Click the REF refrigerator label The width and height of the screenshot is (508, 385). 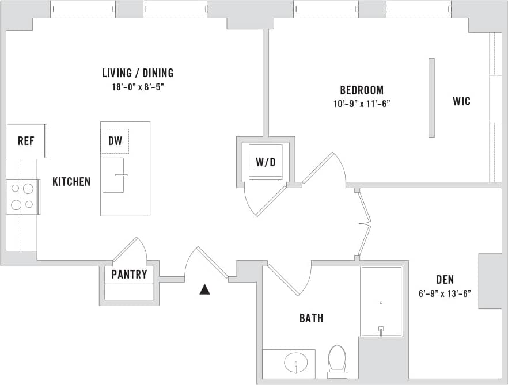(x=26, y=141)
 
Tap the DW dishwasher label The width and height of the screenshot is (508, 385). (x=114, y=140)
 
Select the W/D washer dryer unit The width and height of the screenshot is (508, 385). (x=266, y=162)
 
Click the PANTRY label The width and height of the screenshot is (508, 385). (x=129, y=275)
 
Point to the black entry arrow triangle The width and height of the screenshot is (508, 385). (x=204, y=289)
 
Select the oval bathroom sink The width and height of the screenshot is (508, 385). (x=296, y=363)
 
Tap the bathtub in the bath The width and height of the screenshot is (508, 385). (x=381, y=301)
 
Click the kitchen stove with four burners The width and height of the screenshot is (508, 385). (x=22, y=196)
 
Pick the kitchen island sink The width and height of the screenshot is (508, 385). (x=113, y=175)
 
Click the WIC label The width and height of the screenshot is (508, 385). (x=461, y=101)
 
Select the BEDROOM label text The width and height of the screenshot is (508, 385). (x=362, y=90)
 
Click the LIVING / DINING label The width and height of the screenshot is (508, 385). (x=138, y=73)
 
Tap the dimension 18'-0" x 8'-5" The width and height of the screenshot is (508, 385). (x=138, y=87)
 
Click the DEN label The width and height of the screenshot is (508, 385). (x=445, y=280)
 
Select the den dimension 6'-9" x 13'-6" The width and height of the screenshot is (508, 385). (x=445, y=293)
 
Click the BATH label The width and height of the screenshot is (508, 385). (x=311, y=318)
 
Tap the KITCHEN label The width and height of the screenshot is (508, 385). (x=71, y=182)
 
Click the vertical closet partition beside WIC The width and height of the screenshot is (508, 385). (x=431, y=97)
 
